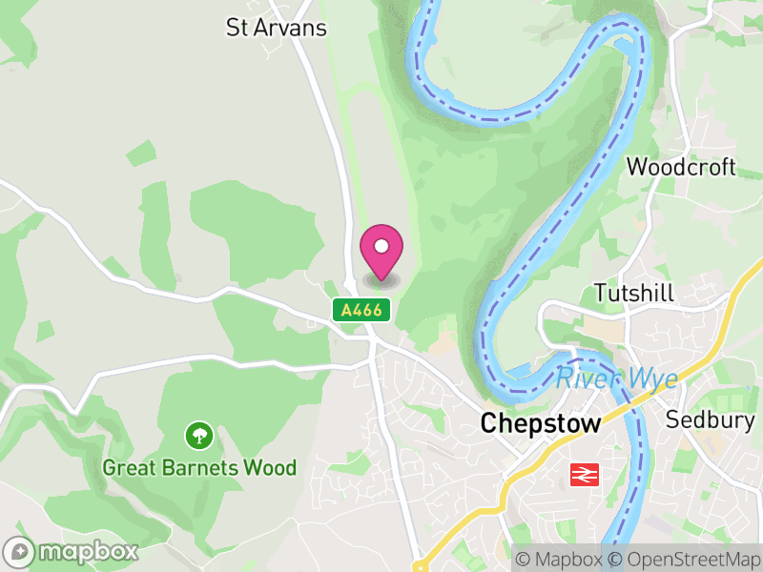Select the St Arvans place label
tap(277, 28)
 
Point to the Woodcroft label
tap(681, 167)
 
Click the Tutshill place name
tap(633, 293)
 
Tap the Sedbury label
tap(710, 419)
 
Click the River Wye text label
tap(617, 378)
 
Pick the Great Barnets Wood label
tap(199, 468)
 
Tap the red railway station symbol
tap(582, 474)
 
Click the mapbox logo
tap(72, 551)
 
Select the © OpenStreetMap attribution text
tap(685, 559)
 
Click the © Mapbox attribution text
tap(560, 559)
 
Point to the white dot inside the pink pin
tap(381, 247)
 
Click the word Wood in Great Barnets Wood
tap(271, 468)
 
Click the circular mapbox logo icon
tap(20, 552)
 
